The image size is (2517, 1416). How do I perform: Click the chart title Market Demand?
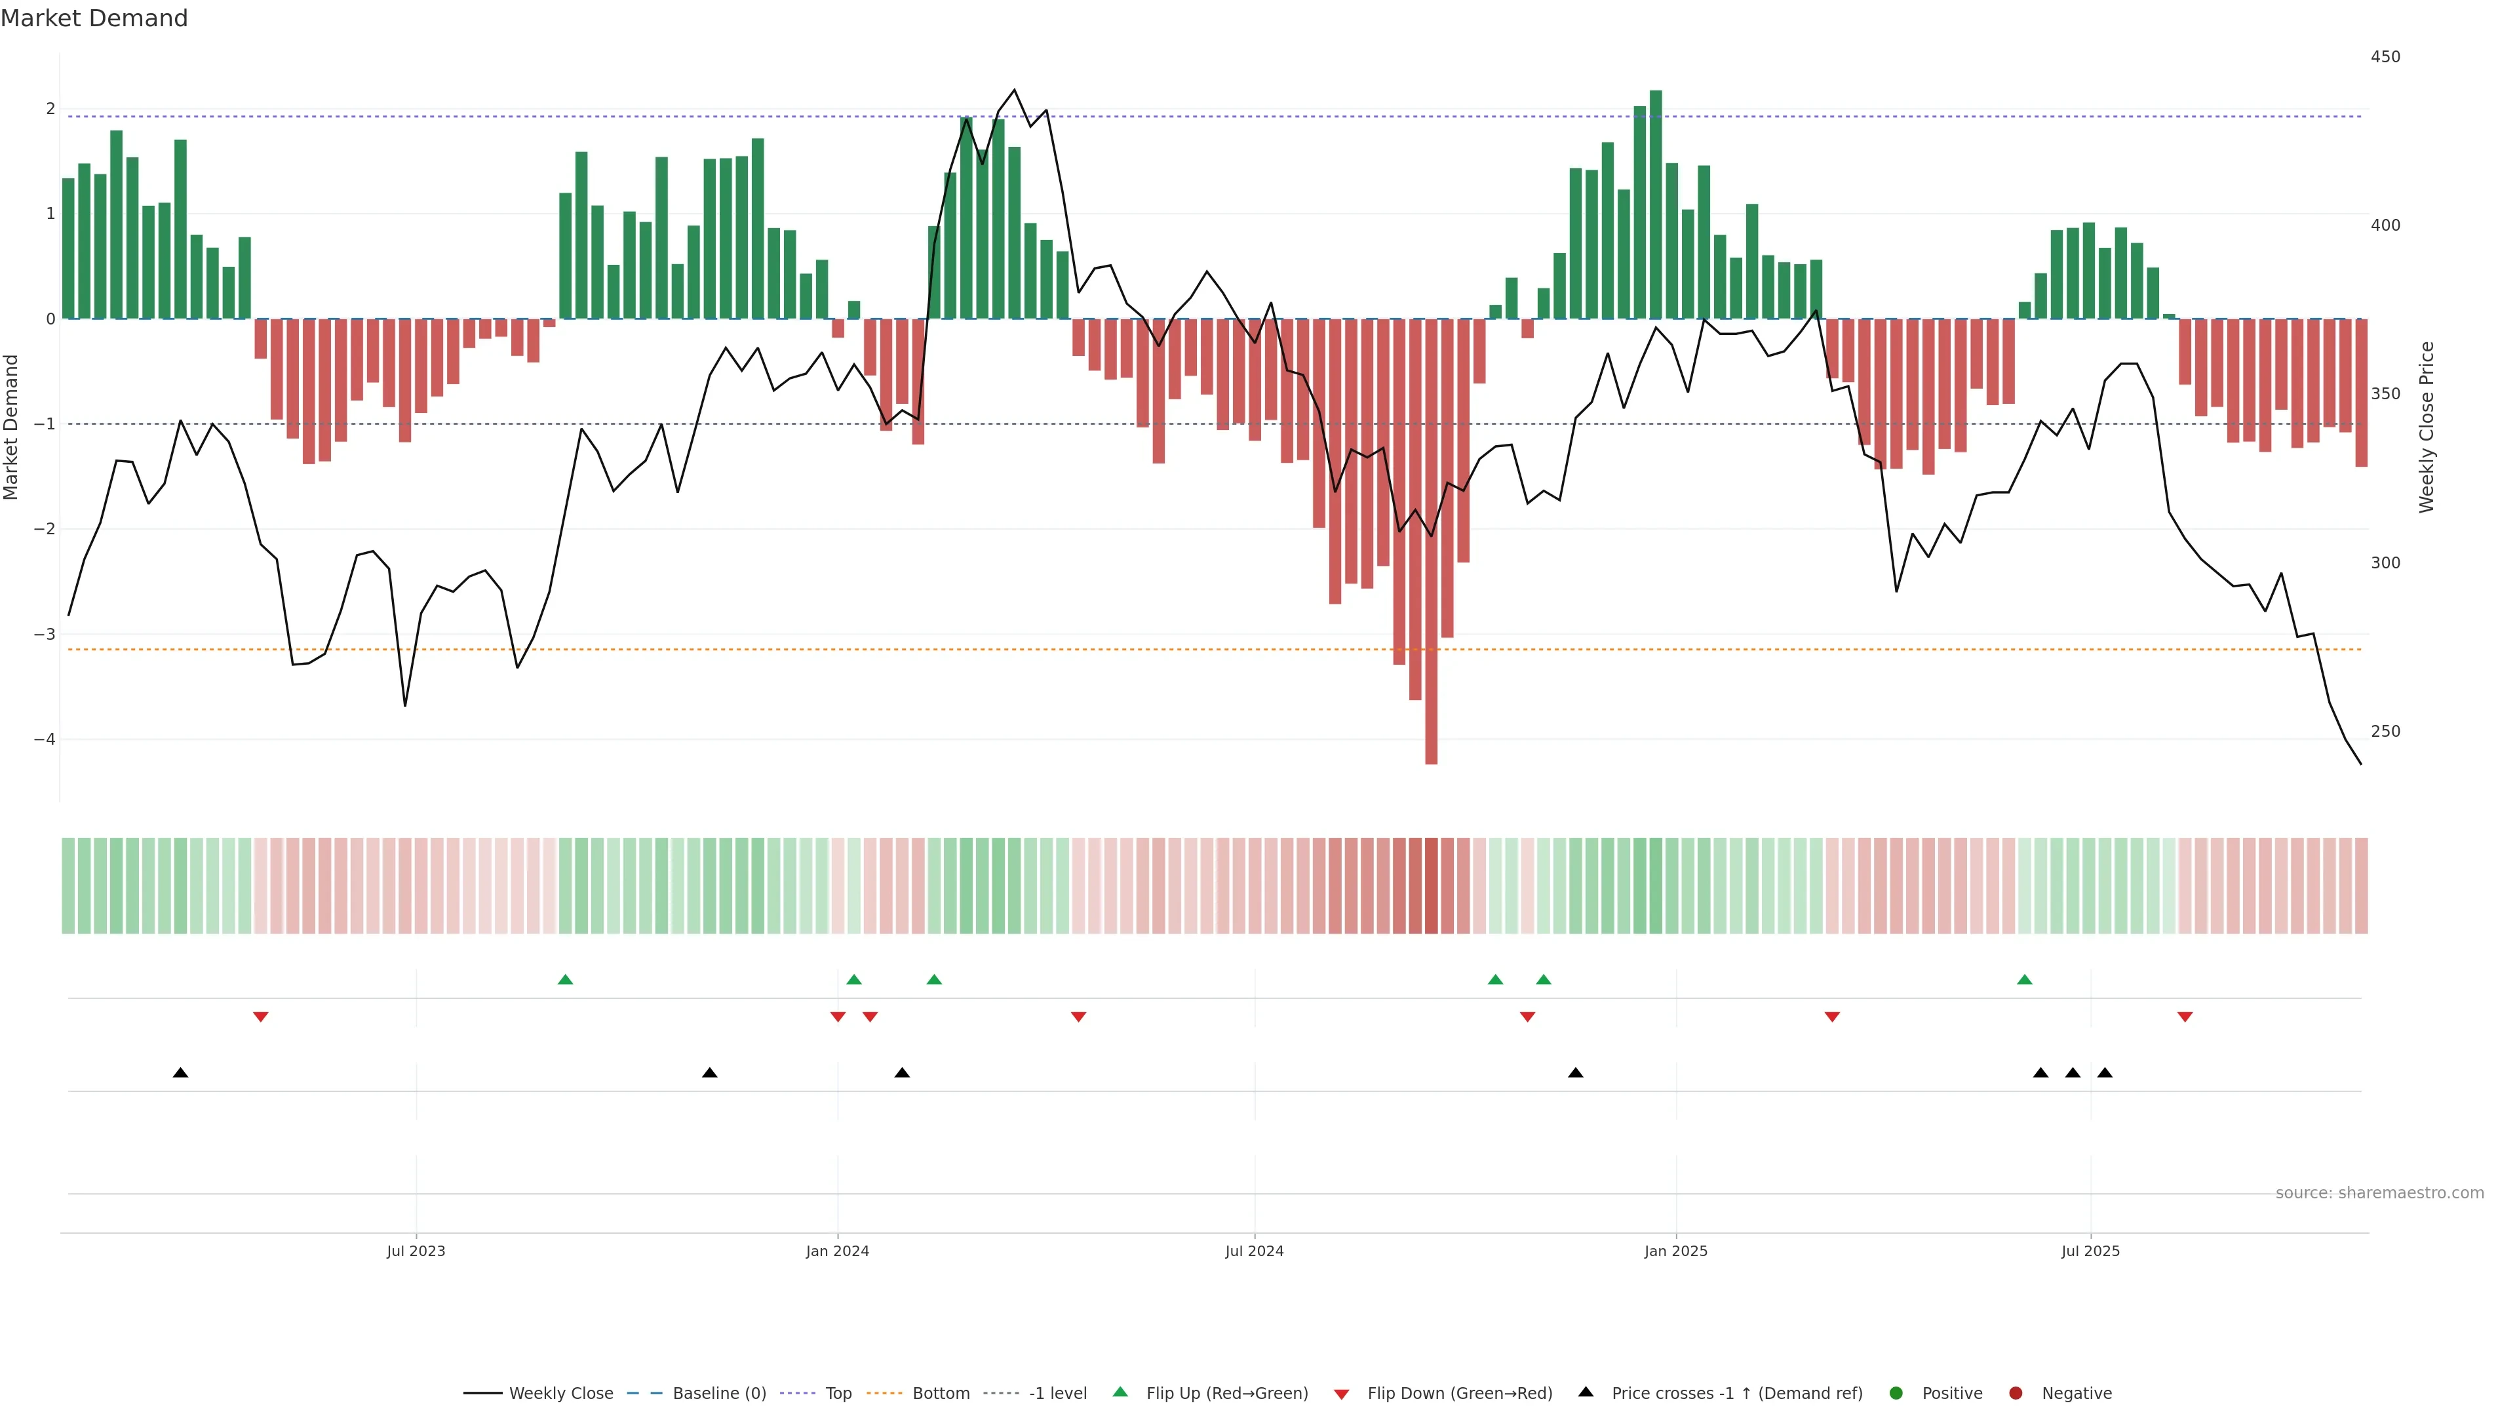tap(94, 18)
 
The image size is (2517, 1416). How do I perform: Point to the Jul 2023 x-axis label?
tap(416, 1251)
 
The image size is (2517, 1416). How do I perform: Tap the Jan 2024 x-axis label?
tap(838, 1251)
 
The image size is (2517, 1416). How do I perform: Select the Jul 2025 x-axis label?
tap(2090, 1251)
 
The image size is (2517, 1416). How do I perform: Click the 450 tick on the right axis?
tap(2385, 56)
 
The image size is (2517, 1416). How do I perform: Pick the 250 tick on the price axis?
tap(2385, 731)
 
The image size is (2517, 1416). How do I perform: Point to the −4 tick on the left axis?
tap(44, 739)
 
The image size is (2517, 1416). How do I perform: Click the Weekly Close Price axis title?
tap(2427, 427)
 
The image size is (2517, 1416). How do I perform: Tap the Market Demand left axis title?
tap(12, 427)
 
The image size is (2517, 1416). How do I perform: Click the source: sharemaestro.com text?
tap(2379, 1193)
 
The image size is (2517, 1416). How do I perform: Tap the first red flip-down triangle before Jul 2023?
tap(261, 1017)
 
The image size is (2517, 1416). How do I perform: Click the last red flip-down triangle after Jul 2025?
tap(2185, 1017)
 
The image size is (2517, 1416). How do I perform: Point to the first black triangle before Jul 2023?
tap(181, 1073)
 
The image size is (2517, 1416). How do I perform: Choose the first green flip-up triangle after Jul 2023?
tap(565, 979)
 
